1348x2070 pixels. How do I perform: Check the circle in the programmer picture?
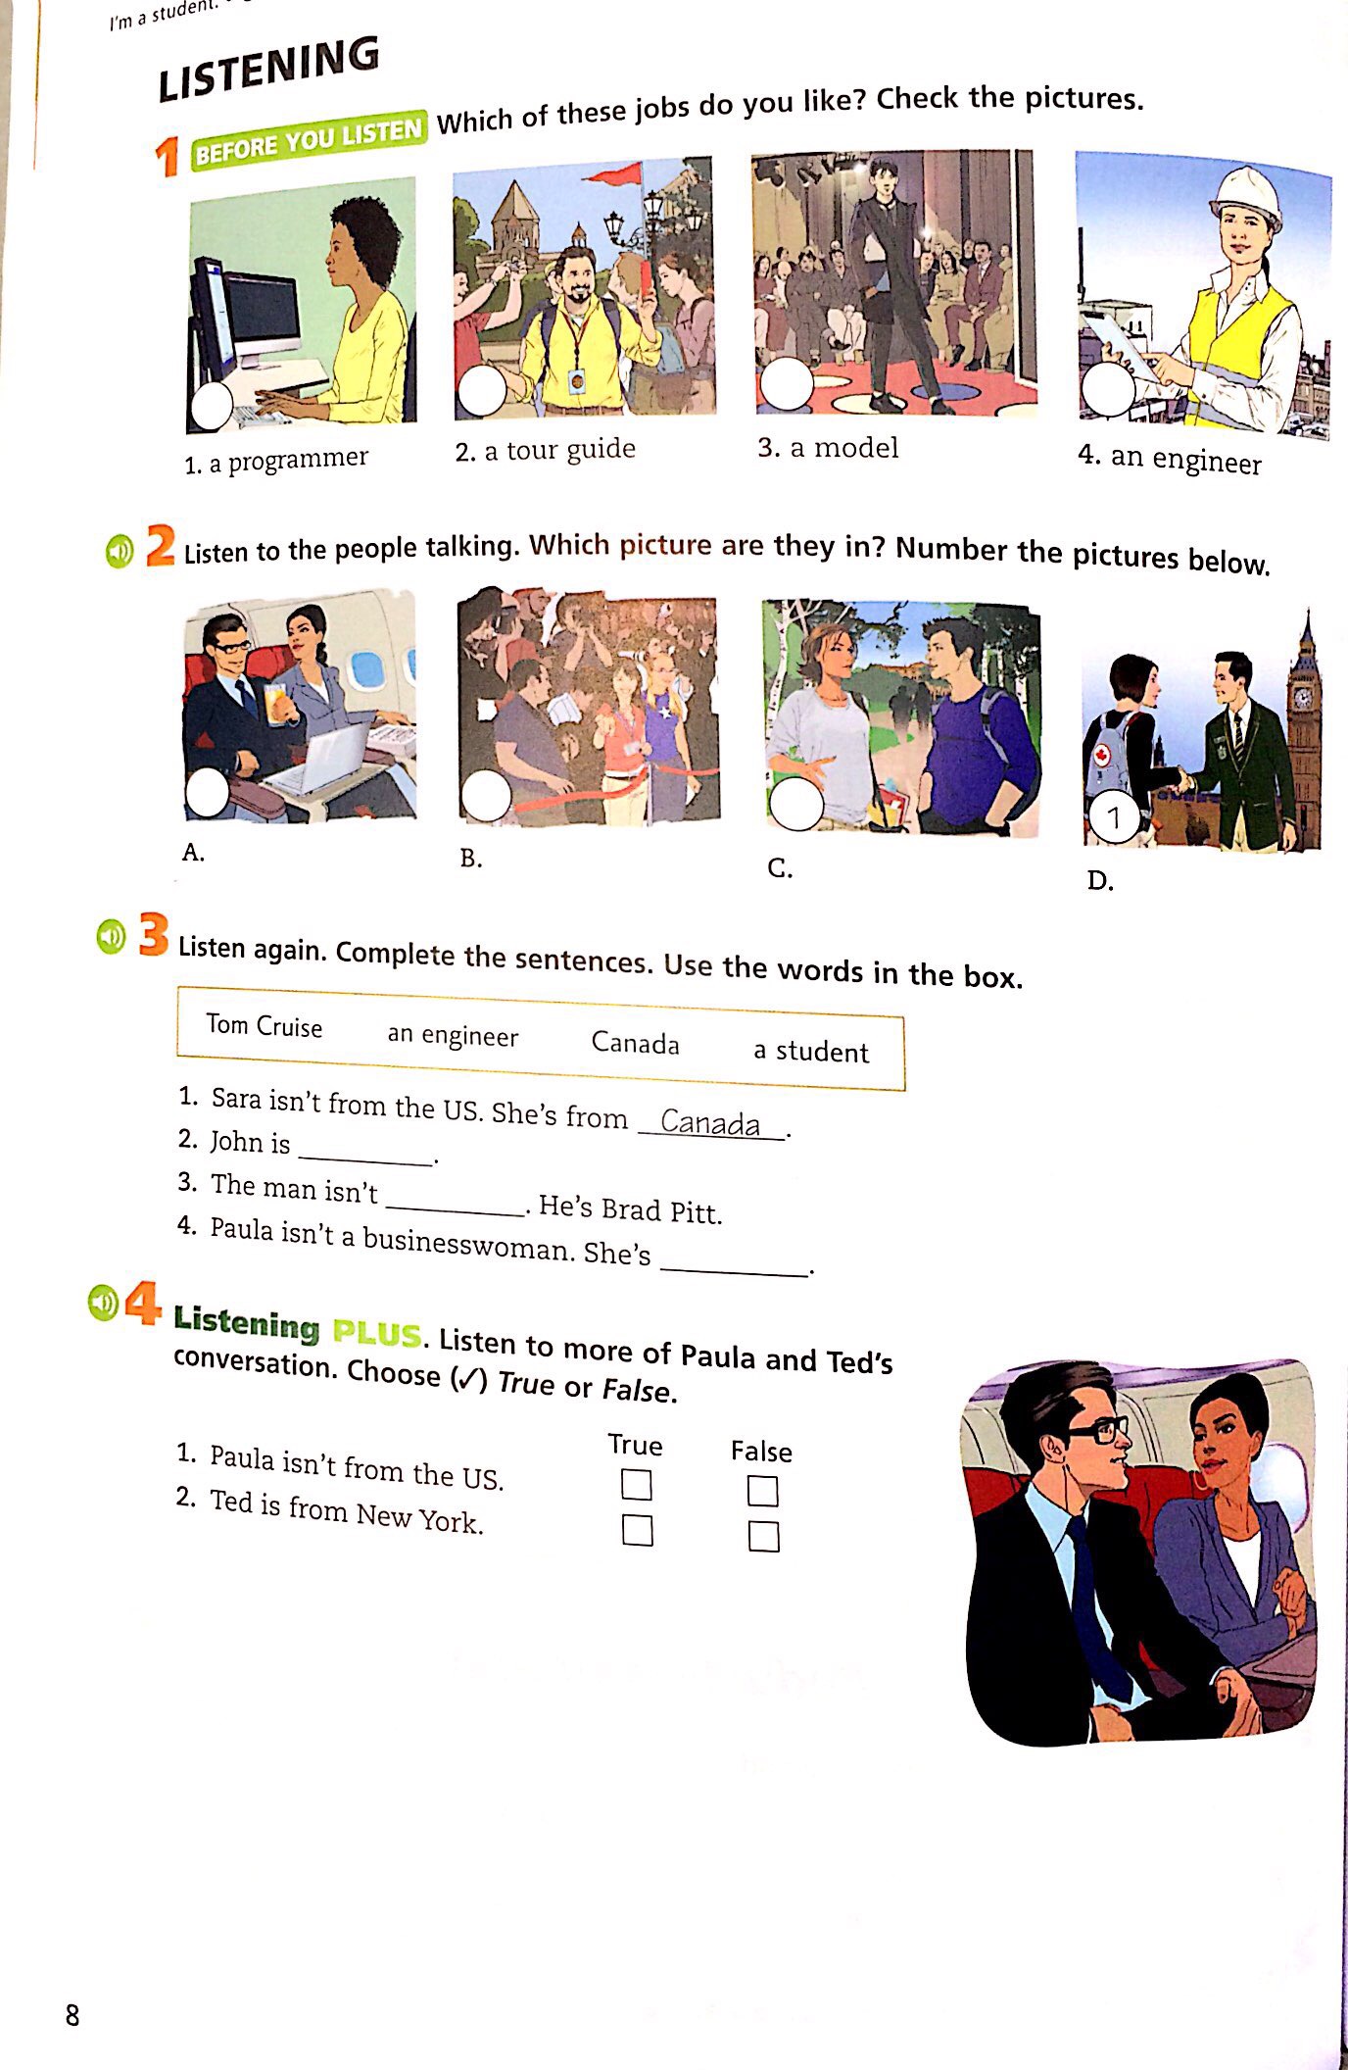click(211, 406)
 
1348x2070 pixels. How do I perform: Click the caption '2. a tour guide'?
click(545, 450)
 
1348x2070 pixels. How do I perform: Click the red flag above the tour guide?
click(612, 176)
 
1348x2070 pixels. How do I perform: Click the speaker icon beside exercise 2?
click(119, 552)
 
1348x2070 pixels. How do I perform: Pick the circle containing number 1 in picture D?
click(1114, 817)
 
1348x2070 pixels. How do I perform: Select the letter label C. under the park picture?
click(780, 868)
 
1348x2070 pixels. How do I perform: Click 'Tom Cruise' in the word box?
click(265, 1026)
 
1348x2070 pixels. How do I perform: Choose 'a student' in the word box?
click(810, 1052)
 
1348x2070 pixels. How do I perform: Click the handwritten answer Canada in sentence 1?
click(710, 1122)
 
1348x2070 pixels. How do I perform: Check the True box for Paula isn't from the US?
click(637, 1485)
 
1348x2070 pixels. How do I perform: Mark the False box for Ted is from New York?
click(763, 1536)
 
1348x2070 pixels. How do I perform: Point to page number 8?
click(72, 2015)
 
